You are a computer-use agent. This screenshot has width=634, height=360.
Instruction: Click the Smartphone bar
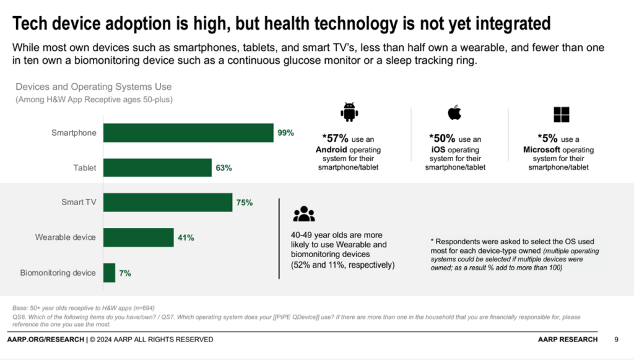click(188, 133)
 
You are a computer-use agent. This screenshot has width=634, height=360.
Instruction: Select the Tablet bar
click(157, 167)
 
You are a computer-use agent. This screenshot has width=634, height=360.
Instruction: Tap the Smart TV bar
click(168, 202)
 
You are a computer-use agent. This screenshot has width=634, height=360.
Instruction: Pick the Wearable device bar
click(138, 237)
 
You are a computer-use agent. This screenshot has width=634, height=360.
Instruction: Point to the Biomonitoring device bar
click(109, 273)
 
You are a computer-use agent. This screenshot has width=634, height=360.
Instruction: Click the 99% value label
click(285, 133)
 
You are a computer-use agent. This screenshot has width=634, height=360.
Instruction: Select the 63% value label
click(224, 167)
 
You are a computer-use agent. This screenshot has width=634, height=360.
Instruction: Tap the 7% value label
click(124, 273)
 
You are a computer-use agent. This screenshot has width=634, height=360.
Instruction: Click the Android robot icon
click(350, 113)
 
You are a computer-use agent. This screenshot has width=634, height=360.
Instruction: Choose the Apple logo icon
click(454, 113)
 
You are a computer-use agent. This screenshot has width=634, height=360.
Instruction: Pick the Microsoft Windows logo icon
click(561, 115)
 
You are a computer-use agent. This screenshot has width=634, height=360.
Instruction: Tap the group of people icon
click(304, 214)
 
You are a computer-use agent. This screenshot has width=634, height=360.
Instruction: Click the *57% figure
click(335, 139)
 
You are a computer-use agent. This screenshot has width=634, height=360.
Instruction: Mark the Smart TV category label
click(78, 202)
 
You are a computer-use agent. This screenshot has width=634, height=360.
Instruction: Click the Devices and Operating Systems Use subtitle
click(93, 87)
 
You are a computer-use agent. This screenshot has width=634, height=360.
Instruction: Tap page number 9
click(616, 340)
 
